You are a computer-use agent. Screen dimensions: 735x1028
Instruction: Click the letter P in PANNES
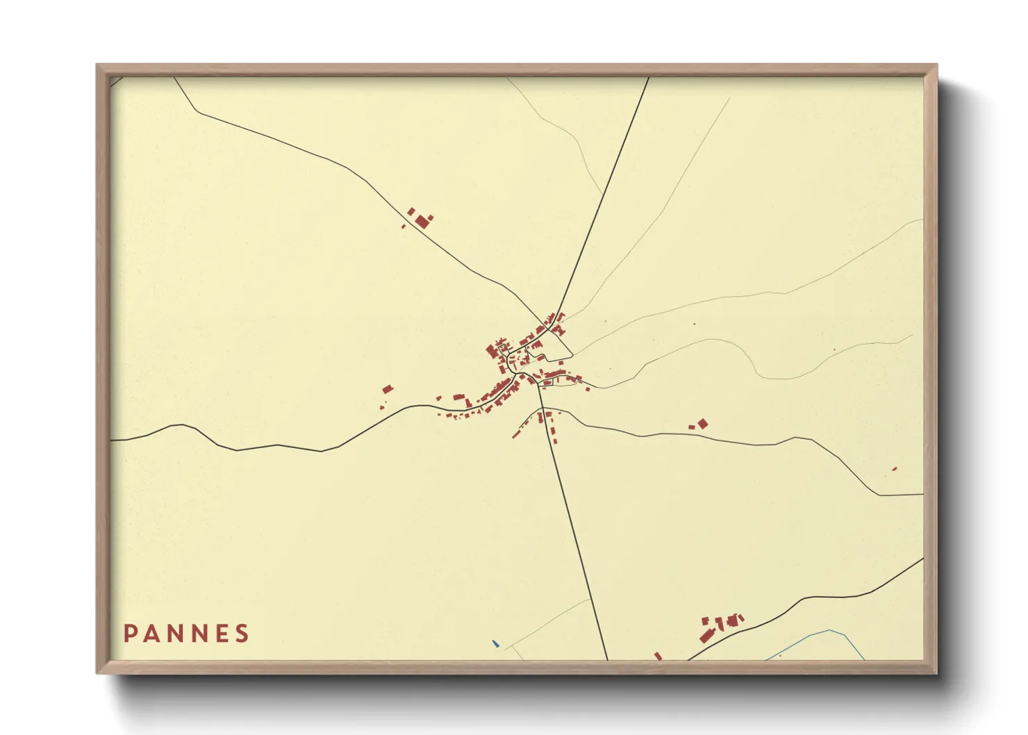click(x=129, y=634)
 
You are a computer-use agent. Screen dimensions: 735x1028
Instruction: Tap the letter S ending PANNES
click(x=242, y=634)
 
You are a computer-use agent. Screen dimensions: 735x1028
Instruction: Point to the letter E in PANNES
click(x=222, y=634)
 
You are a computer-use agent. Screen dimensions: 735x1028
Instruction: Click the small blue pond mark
click(x=495, y=644)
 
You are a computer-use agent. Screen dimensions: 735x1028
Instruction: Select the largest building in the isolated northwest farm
click(x=422, y=222)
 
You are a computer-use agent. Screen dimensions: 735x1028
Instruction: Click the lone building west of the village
click(x=387, y=390)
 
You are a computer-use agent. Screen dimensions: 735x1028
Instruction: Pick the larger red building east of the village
click(x=703, y=423)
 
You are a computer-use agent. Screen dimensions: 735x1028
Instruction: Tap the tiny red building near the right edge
click(x=895, y=469)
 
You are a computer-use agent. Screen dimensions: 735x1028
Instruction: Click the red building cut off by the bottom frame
click(x=658, y=655)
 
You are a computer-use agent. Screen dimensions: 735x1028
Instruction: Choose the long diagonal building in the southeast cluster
click(x=707, y=635)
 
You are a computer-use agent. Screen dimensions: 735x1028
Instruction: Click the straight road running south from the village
click(x=573, y=528)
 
